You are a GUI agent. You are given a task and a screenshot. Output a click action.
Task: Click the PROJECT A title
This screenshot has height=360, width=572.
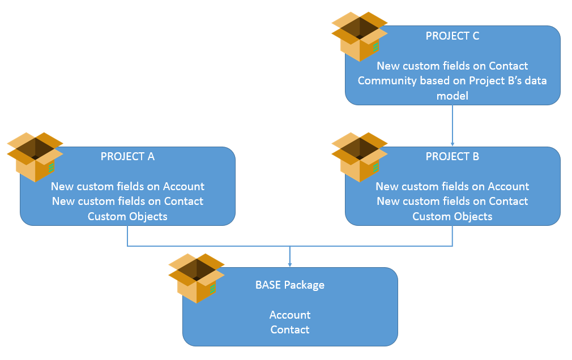click(x=127, y=156)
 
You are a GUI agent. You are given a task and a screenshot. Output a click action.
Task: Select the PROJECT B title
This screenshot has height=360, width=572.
click(x=452, y=156)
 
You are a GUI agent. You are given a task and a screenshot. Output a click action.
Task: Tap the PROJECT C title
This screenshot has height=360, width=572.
click(x=453, y=36)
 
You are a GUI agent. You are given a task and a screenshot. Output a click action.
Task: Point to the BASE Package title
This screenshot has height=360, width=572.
click(x=289, y=285)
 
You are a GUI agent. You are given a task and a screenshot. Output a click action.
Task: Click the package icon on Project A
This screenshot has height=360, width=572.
click(x=35, y=157)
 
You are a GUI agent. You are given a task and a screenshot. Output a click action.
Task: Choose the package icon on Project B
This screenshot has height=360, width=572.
click(x=360, y=157)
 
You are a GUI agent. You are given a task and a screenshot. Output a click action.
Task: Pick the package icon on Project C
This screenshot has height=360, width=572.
click(x=360, y=36)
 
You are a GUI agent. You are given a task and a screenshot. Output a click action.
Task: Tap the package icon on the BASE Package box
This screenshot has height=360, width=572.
click(x=197, y=278)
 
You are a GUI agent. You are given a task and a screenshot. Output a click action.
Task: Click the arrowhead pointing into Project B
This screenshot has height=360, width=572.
click(x=453, y=144)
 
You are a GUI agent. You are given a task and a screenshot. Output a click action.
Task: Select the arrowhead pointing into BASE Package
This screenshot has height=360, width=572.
click(x=289, y=264)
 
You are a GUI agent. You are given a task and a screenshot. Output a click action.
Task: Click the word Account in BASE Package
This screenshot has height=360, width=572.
click(x=290, y=315)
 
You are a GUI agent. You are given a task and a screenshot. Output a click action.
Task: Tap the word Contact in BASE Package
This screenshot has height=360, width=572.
click(x=289, y=330)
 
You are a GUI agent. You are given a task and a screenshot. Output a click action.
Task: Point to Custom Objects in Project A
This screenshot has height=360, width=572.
click(x=127, y=216)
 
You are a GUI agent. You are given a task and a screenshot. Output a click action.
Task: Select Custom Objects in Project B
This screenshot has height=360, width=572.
click(x=453, y=216)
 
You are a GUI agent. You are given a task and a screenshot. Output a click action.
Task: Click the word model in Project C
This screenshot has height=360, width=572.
click(x=453, y=96)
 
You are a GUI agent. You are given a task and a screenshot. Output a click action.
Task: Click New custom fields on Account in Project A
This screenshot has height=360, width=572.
click(x=127, y=186)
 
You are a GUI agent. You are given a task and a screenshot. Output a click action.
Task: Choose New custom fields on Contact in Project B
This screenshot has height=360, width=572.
click(x=453, y=201)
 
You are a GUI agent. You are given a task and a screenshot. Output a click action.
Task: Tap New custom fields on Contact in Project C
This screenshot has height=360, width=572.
click(x=453, y=66)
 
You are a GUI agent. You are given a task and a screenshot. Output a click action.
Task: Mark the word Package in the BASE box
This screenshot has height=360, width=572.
click(x=304, y=285)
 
